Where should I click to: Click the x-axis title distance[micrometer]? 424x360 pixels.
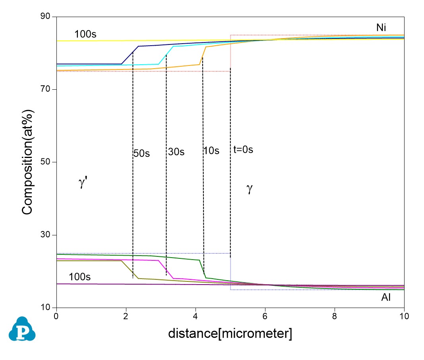point(230,334)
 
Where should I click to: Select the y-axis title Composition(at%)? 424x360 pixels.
point(27,163)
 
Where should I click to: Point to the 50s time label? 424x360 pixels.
point(141,154)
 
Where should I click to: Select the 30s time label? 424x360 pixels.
point(176,152)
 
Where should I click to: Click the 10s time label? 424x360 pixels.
point(211,151)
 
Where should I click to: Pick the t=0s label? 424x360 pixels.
point(243,150)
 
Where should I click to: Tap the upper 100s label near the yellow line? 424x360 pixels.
point(85,34)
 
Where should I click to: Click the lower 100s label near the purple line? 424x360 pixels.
point(79,277)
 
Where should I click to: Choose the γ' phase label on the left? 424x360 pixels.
point(83,183)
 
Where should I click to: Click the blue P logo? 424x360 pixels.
point(23,329)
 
